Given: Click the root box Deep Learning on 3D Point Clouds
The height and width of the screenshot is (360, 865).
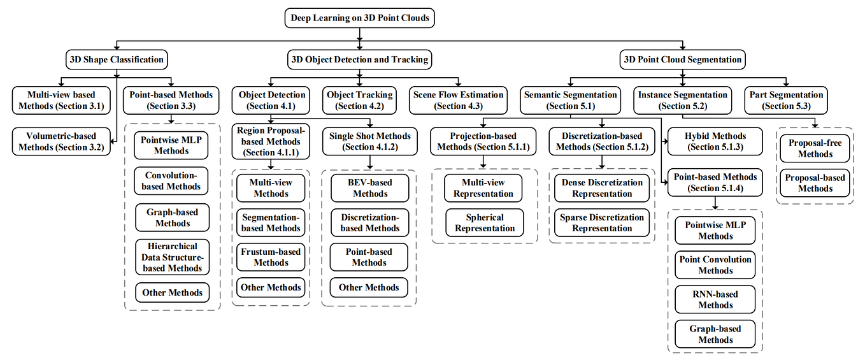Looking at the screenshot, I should point(360,18).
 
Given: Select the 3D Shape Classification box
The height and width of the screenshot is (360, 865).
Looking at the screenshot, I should point(117,60).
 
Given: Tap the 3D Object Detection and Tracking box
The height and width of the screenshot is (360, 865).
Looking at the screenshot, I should point(360,60).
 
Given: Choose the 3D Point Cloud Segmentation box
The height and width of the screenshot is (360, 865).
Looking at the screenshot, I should point(682,60).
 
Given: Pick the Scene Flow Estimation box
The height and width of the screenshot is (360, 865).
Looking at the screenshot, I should point(458,100).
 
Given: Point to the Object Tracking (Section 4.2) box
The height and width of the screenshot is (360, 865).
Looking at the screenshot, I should point(361,100).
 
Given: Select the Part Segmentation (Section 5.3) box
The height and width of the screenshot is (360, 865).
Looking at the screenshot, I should point(786,100).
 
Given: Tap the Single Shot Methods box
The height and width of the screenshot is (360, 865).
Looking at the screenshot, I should point(370,141).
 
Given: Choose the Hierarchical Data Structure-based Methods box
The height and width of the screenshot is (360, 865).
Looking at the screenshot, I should point(172,257).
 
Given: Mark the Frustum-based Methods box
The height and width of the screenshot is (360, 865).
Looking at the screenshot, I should point(271,257).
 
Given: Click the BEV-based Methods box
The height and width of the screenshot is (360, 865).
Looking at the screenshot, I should point(369,188).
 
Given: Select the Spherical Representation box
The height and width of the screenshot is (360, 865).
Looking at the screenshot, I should point(485,223).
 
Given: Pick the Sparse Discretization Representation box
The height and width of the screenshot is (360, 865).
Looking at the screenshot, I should point(602,223).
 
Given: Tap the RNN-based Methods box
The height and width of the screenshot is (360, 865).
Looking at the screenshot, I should point(715,299).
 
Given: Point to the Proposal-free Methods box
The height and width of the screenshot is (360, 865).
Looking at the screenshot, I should point(815,148).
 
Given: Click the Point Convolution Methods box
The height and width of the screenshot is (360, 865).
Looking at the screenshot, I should point(715,265).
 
